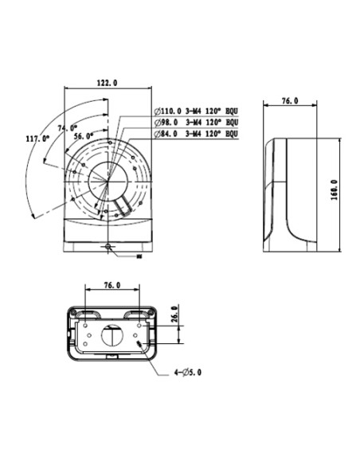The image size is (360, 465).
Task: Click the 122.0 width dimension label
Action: pos(106,83)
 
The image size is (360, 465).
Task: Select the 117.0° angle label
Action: pos(37,139)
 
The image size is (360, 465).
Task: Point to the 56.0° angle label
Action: pos(84,135)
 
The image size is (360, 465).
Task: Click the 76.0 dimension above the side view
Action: pos(291,102)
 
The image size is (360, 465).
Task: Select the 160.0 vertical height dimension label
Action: pos(335,190)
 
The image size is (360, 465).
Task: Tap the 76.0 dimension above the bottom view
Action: pos(112,284)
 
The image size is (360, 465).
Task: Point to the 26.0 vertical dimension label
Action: pos(174,314)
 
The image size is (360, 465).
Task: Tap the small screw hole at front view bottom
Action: pos(108,246)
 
